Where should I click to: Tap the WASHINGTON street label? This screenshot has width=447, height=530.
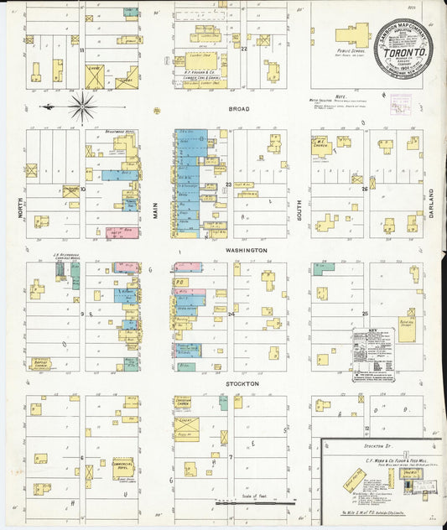pos(245,250)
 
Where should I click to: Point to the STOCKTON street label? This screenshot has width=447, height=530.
pos(242,383)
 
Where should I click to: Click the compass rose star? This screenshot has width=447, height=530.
pos(82,107)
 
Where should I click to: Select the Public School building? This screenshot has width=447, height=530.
pos(352,35)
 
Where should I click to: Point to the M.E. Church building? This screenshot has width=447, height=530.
pos(322,148)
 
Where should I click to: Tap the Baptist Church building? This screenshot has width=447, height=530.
pos(39,364)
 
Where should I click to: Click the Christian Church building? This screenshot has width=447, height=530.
pos(184,403)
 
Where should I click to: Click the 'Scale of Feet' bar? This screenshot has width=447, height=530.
pos(257,501)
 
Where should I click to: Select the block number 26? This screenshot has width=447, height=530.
pos(364,189)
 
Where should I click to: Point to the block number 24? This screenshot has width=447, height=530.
pos(230,314)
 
